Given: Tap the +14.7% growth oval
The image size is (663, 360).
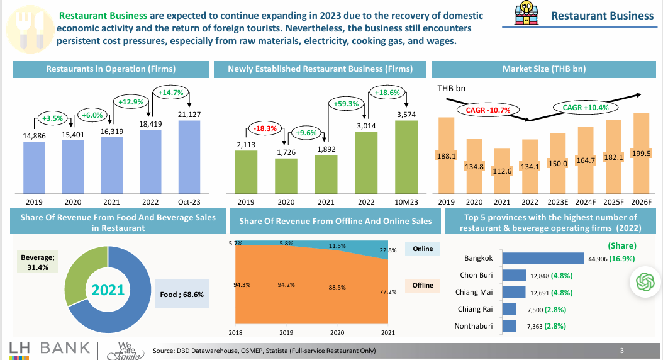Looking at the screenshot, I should click(x=169, y=93).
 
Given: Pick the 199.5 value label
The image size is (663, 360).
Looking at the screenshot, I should click(x=640, y=154).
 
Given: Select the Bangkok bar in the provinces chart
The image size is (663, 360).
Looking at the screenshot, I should click(x=544, y=258).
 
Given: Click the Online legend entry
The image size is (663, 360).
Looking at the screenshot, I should click(x=423, y=249).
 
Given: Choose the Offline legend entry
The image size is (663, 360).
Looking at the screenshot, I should click(x=423, y=285).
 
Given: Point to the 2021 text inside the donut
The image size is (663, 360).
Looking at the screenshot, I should click(x=108, y=291).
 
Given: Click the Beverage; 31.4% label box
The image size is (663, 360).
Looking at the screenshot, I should click(x=39, y=263).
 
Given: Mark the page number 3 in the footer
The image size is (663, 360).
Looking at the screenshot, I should click(x=621, y=351).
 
